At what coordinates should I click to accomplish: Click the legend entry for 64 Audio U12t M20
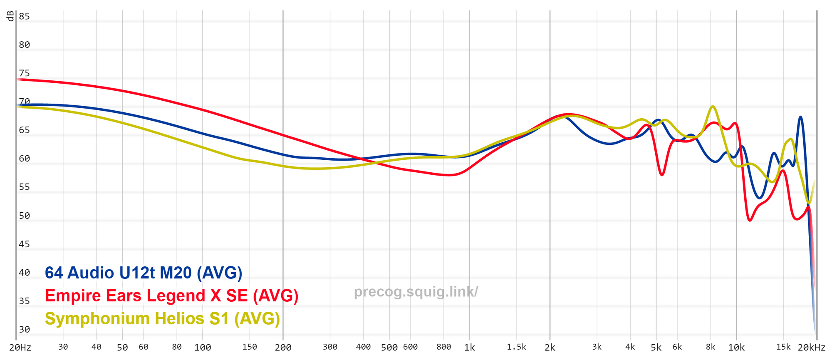tap(144, 273)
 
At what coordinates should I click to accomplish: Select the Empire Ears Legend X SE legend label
tap(171, 296)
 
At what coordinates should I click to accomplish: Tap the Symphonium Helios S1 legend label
tap(162, 319)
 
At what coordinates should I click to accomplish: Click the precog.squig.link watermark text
tap(416, 292)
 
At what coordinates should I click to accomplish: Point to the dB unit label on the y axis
tap(10, 16)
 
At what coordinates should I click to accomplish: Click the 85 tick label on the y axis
tap(25, 17)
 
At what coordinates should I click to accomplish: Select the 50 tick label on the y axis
tap(25, 216)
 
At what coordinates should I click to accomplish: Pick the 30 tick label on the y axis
tap(25, 330)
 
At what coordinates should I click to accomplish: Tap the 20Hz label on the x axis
tap(20, 348)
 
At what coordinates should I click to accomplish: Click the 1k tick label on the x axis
tap(469, 348)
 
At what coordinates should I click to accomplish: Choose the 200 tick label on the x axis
tap(283, 348)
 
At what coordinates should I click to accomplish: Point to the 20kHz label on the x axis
tap(811, 348)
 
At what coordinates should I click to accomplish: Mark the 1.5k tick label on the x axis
tap(516, 347)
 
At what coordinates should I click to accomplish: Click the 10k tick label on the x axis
tap(736, 348)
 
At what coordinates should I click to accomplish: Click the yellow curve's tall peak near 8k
tap(713, 107)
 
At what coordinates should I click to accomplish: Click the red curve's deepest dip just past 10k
tap(750, 220)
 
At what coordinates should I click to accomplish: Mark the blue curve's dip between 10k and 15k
tap(760, 198)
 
